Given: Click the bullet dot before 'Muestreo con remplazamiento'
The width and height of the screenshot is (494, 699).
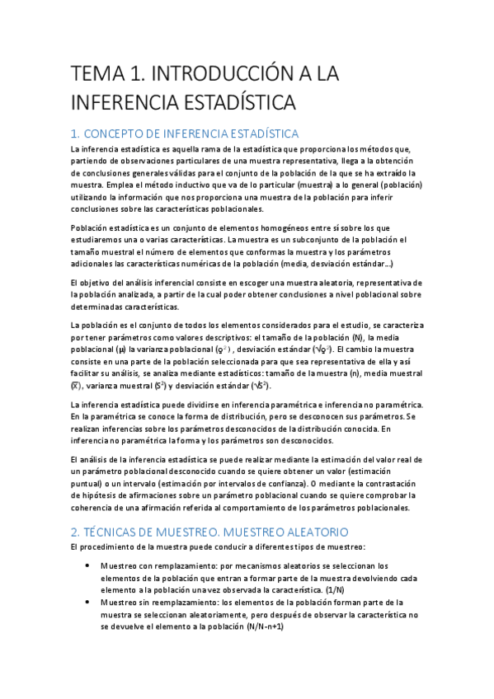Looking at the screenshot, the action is (x=88, y=566).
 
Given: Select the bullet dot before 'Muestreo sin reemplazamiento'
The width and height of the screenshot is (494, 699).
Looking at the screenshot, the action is (x=88, y=603).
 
